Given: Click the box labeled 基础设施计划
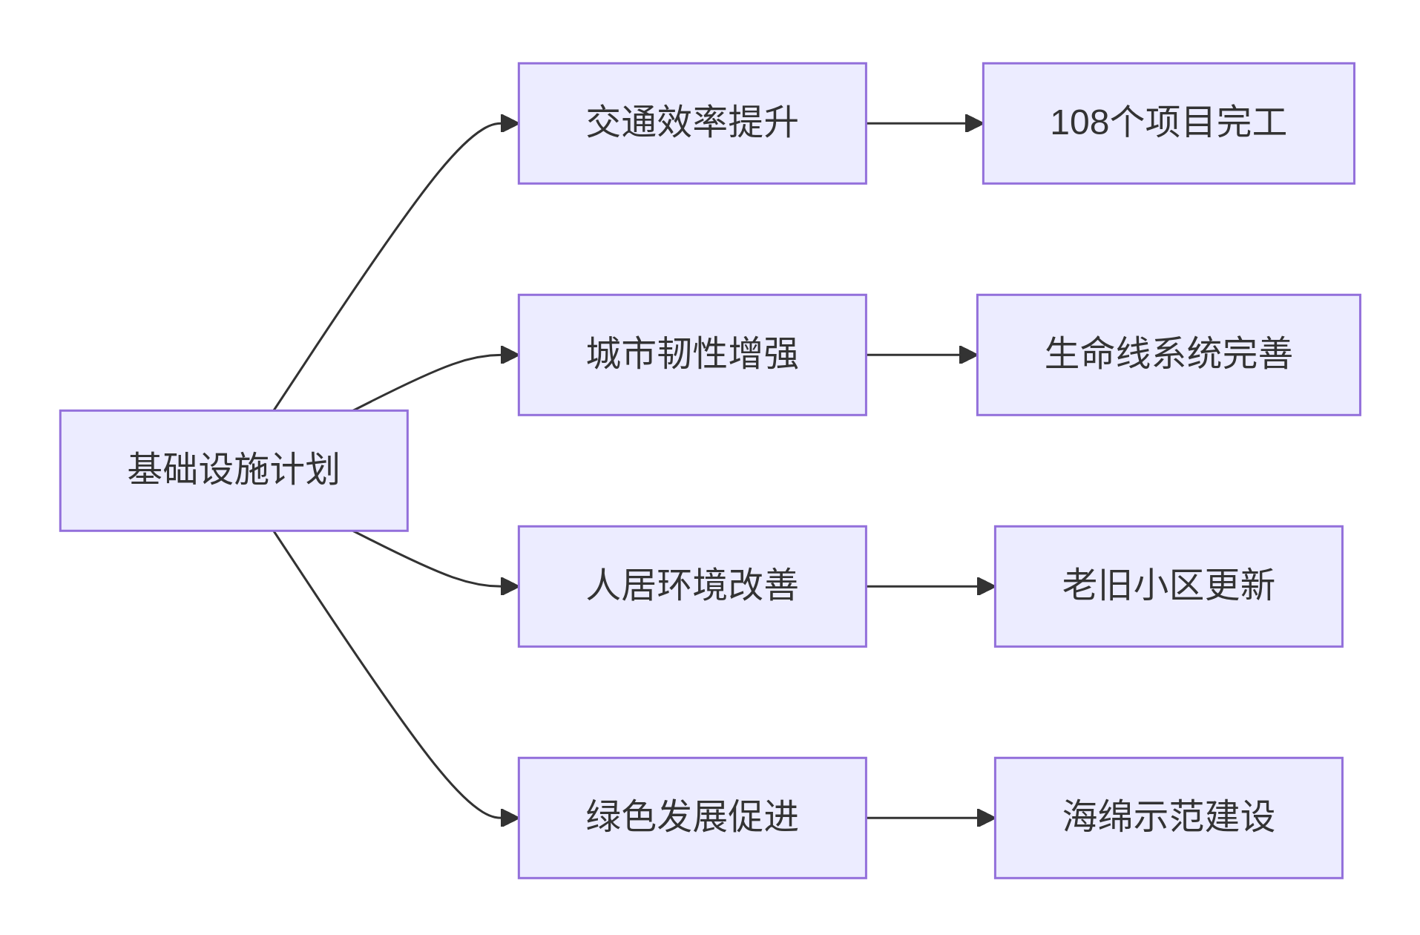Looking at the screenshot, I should (x=234, y=470).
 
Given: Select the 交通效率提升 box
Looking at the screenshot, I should (x=691, y=123).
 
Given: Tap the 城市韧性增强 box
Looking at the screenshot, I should (x=691, y=355).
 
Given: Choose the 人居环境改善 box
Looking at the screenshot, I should (x=691, y=586).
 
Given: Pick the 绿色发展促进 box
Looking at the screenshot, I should (x=691, y=818).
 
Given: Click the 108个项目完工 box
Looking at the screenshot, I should (x=1168, y=123).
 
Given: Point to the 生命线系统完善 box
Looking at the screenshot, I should (x=1168, y=355).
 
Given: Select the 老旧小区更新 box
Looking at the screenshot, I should (x=1168, y=586).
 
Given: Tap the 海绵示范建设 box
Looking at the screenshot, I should (x=1168, y=818).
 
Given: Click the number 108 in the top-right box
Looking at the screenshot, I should (x=1079, y=123).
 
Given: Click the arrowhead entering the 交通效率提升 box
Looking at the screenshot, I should (x=509, y=123).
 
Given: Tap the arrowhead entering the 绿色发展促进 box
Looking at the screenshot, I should (x=509, y=818).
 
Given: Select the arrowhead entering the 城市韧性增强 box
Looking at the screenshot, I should (x=509, y=355).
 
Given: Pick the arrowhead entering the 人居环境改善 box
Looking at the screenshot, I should (x=509, y=586).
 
